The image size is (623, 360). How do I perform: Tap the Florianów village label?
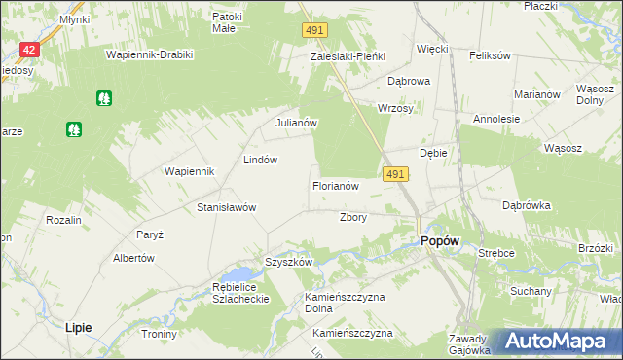(336, 185)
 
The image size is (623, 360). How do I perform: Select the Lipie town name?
(78, 328)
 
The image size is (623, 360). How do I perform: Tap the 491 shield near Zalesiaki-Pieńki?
(312, 32)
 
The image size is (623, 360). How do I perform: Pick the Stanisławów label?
(226, 207)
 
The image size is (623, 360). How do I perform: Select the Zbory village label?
(352, 217)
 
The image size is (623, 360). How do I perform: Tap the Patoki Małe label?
(228, 22)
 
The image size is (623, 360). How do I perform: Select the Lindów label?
(261, 159)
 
